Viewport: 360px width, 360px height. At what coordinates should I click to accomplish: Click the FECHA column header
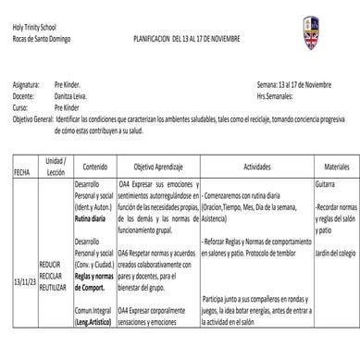(21, 172)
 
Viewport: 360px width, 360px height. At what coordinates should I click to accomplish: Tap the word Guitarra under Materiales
(326, 185)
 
